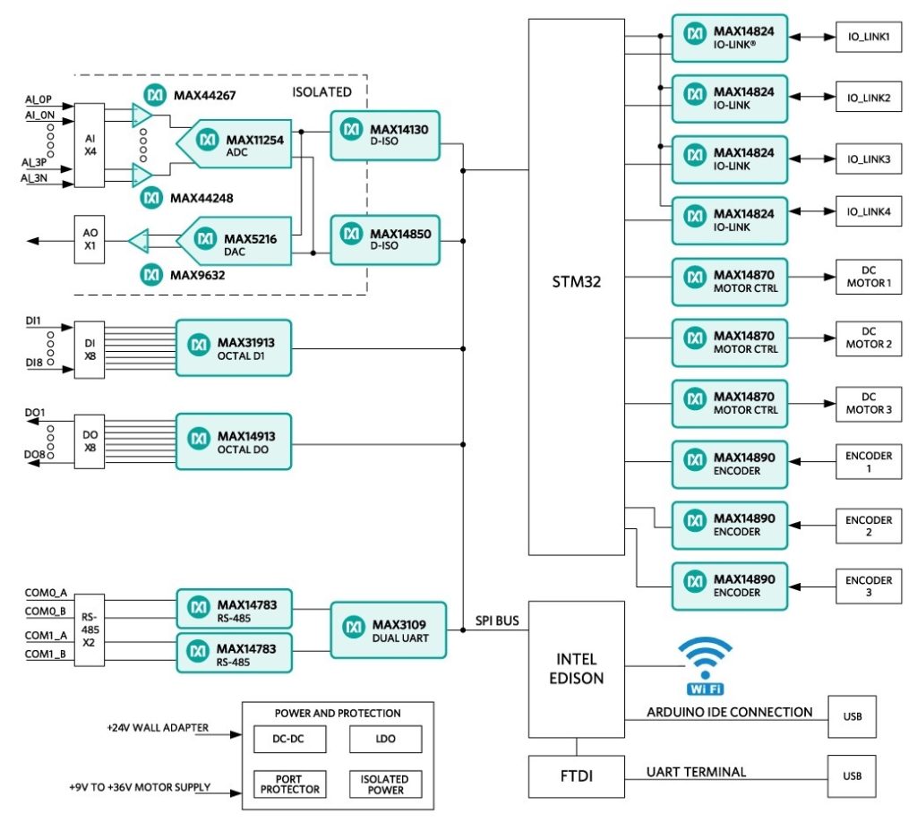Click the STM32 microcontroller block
click(576, 285)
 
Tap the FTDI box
click(576, 777)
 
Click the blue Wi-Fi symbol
click(705, 665)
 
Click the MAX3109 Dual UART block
click(388, 629)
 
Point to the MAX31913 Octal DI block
click(234, 347)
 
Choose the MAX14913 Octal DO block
click(234, 441)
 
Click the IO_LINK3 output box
click(869, 158)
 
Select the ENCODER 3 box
click(869, 587)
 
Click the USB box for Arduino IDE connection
click(852, 716)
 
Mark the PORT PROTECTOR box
click(289, 784)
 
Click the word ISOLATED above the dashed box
click(321, 91)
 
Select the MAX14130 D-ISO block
click(386, 135)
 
